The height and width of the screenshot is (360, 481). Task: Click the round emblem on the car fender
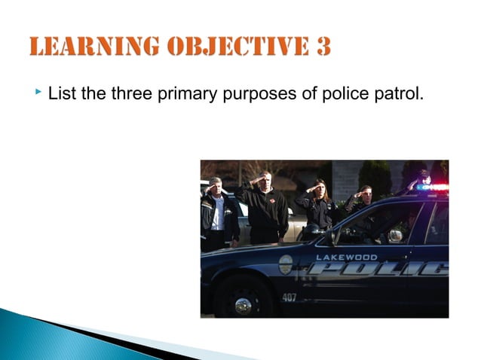point(285,264)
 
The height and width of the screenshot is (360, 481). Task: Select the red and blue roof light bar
point(431,185)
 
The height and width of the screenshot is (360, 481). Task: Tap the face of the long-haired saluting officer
point(319,189)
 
